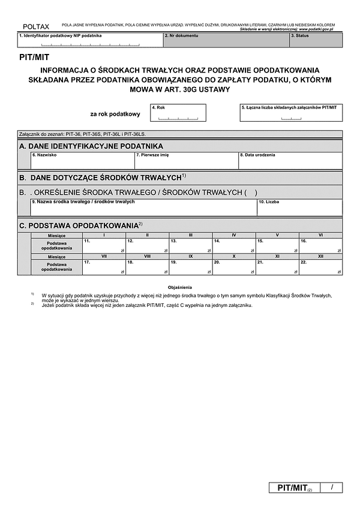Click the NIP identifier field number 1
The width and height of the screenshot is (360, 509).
click(x=90, y=40)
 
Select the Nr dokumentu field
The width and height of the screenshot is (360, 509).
click(x=226, y=40)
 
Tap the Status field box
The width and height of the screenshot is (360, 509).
click(x=316, y=40)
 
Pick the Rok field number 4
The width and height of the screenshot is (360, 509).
click(x=170, y=113)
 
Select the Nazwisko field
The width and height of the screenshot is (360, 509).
click(x=83, y=161)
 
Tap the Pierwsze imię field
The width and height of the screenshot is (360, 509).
click(x=186, y=161)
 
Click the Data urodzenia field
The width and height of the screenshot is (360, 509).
click(x=290, y=161)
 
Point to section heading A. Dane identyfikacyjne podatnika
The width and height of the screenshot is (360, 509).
click(x=91, y=146)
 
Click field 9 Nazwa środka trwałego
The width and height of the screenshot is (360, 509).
click(x=144, y=207)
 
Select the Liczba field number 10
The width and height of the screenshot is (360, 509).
click(x=299, y=207)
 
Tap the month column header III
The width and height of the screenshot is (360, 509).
click(x=191, y=235)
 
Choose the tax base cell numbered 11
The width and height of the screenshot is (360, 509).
click(x=104, y=246)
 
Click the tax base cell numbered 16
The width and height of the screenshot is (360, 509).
click(x=320, y=246)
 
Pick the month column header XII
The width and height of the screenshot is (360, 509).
click(x=320, y=257)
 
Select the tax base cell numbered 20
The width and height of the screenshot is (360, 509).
click(x=234, y=267)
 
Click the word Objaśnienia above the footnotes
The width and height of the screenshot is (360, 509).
click(x=180, y=288)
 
